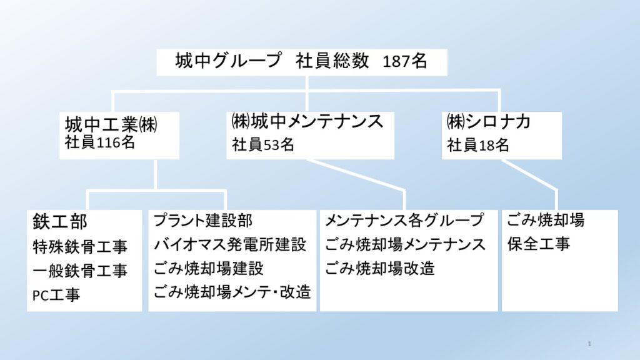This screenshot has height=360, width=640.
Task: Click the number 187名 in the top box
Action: coord(405,61)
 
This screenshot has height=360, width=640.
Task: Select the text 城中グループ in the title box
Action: coord(228,61)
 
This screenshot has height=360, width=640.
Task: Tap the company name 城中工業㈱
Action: coord(111,124)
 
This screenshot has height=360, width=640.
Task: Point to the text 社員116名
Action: coord(100,142)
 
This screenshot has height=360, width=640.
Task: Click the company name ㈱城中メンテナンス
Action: coord(307,121)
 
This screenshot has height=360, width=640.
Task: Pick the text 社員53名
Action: coord(263,144)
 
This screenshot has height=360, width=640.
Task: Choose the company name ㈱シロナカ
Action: coord(488,121)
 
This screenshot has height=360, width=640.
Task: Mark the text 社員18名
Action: coord(478,145)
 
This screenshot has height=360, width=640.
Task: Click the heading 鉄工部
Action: coord(59,222)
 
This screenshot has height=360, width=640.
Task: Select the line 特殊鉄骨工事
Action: coord(80,246)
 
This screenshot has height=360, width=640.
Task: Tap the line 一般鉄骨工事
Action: coord(80,271)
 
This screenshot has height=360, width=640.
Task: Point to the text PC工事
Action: coord(56,295)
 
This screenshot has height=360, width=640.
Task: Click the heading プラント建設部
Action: coord(203,221)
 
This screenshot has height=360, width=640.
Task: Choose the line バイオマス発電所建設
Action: coord(230,244)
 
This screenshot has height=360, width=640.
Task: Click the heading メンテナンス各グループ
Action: coord(404,221)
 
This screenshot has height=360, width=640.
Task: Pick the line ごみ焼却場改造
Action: coord(380,269)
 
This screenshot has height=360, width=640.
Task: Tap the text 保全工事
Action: coord(539,244)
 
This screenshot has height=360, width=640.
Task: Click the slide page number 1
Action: coord(589,344)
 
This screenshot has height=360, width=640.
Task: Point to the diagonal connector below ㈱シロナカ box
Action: coord(529,175)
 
